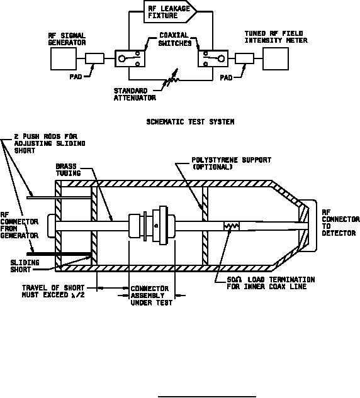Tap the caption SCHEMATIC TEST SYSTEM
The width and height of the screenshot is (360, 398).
tap(190, 122)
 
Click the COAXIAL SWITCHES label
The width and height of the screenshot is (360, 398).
tap(174, 39)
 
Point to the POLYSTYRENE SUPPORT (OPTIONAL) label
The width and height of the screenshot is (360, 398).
tap(231, 163)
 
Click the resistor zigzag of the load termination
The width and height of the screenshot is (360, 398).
tap(231, 226)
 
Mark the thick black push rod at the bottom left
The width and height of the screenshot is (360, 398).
tap(59, 254)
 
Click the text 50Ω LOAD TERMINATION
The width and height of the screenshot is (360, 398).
tap(271, 280)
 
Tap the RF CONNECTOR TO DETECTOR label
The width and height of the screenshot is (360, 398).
tap(340, 223)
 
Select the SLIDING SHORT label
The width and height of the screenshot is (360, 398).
tap(25, 266)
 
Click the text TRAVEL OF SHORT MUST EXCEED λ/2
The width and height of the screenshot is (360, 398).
tap(53, 291)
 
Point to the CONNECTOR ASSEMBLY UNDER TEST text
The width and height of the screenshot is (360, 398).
tap(152, 296)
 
